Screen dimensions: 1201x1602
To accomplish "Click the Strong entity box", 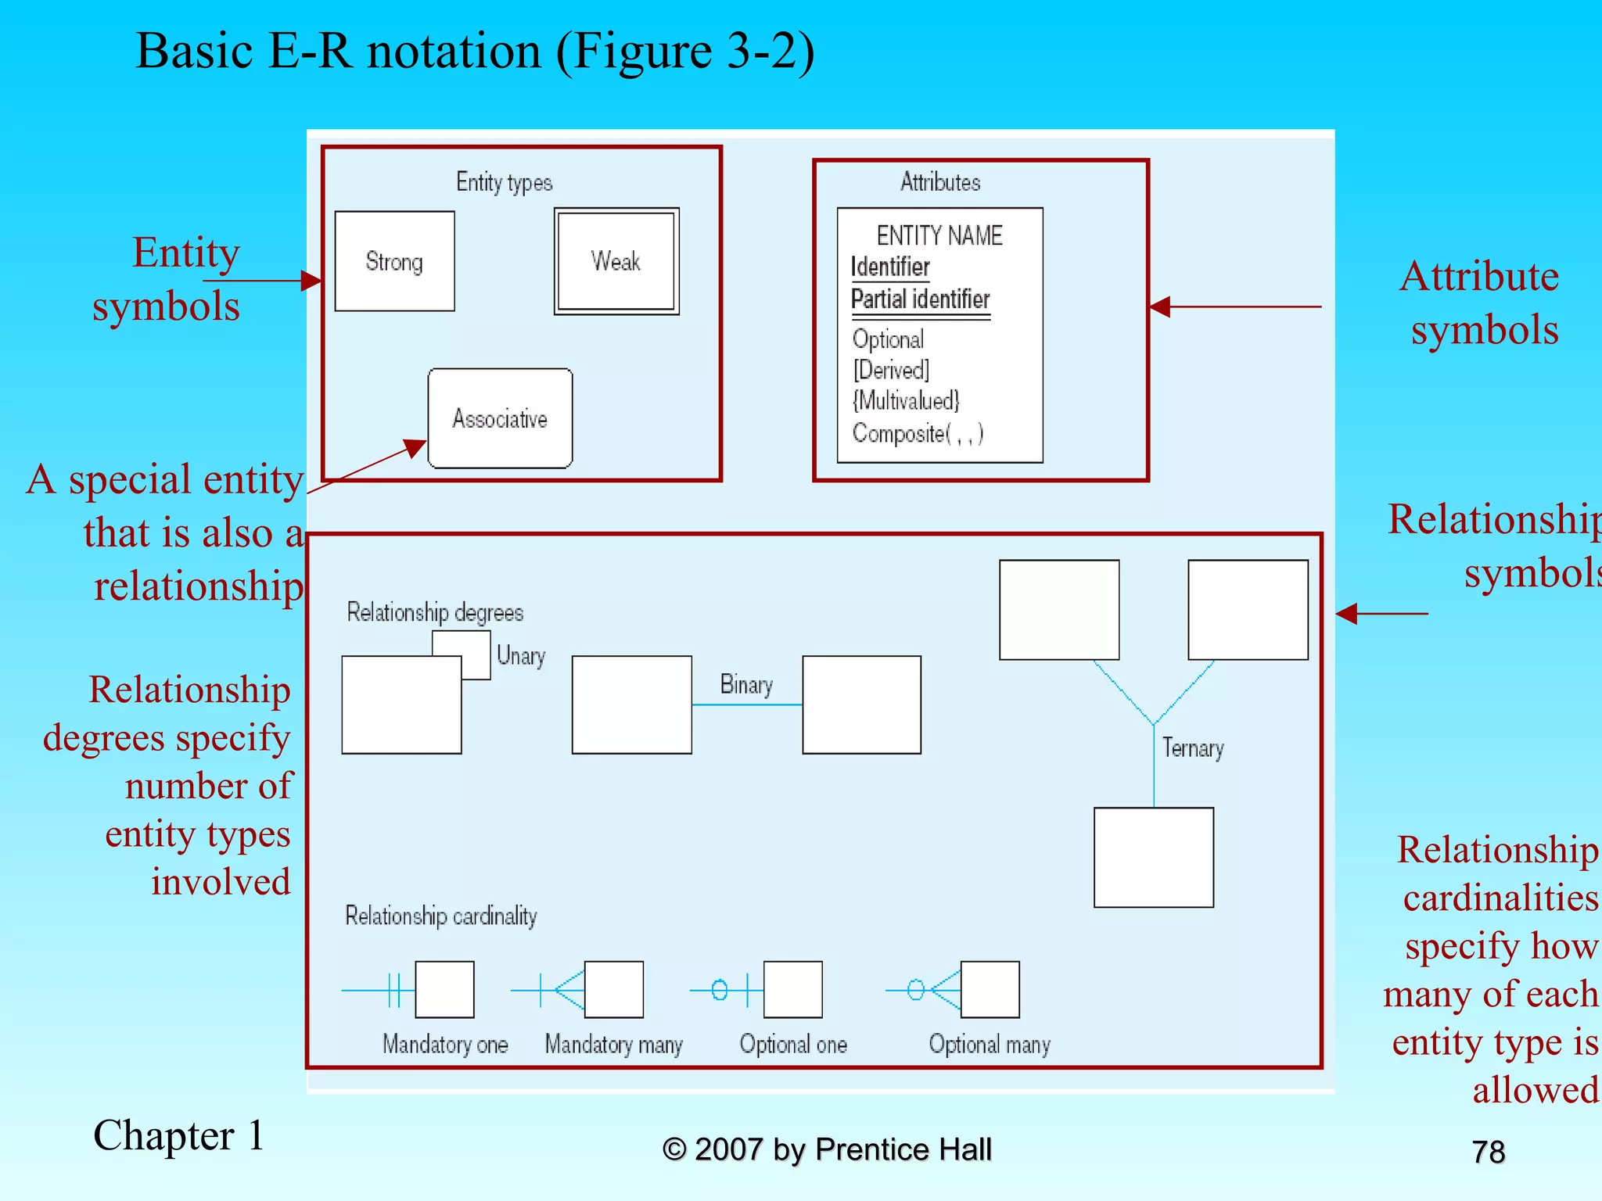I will click(x=394, y=261).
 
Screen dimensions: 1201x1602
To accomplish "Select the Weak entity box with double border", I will click(x=616, y=261).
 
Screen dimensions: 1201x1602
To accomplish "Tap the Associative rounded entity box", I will click(x=500, y=418).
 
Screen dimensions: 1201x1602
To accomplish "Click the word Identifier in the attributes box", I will click(x=890, y=267).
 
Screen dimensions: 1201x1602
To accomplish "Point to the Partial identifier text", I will click(x=920, y=299).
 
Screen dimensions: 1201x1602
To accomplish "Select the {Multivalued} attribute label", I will click(x=906, y=401).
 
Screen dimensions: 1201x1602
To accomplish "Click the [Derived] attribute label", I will click(x=891, y=370).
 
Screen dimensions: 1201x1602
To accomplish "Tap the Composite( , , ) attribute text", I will click(x=918, y=433).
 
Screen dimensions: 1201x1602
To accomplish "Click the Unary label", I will click(x=521, y=656).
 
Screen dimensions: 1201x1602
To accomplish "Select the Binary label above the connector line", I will click(x=746, y=685).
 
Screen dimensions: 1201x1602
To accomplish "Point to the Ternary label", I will click(x=1193, y=748).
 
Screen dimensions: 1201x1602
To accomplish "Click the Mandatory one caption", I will click(x=445, y=1045).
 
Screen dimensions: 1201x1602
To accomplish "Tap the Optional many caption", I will click(x=990, y=1045).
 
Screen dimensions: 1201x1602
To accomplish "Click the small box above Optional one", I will click(x=792, y=990).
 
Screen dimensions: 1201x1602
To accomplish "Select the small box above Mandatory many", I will click(x=614, y=990).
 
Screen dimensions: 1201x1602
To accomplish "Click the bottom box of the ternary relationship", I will click(x=1154, y=858).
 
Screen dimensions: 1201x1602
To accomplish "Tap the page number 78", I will click(x=1488, y=1153).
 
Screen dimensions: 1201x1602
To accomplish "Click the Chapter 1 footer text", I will click(x=179, y=1136).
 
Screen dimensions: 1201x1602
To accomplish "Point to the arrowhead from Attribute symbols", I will click(x=1160, y=307).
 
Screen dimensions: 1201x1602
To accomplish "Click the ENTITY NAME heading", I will click(x=939, y=235).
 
